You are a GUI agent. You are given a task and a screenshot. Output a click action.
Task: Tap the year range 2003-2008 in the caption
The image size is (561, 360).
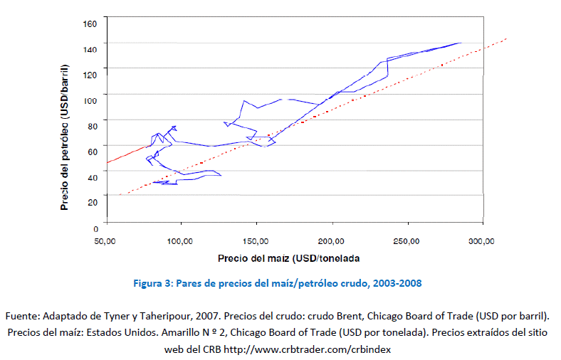(399, 283)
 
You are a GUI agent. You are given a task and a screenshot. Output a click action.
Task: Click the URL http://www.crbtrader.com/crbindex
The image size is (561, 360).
(308, 349)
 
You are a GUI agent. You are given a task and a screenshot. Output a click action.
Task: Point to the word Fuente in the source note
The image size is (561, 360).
(22, 314)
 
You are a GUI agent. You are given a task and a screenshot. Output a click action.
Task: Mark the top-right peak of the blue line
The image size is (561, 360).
(460, 43)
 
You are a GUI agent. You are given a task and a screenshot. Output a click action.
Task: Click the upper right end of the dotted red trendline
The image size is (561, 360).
(506, 38)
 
